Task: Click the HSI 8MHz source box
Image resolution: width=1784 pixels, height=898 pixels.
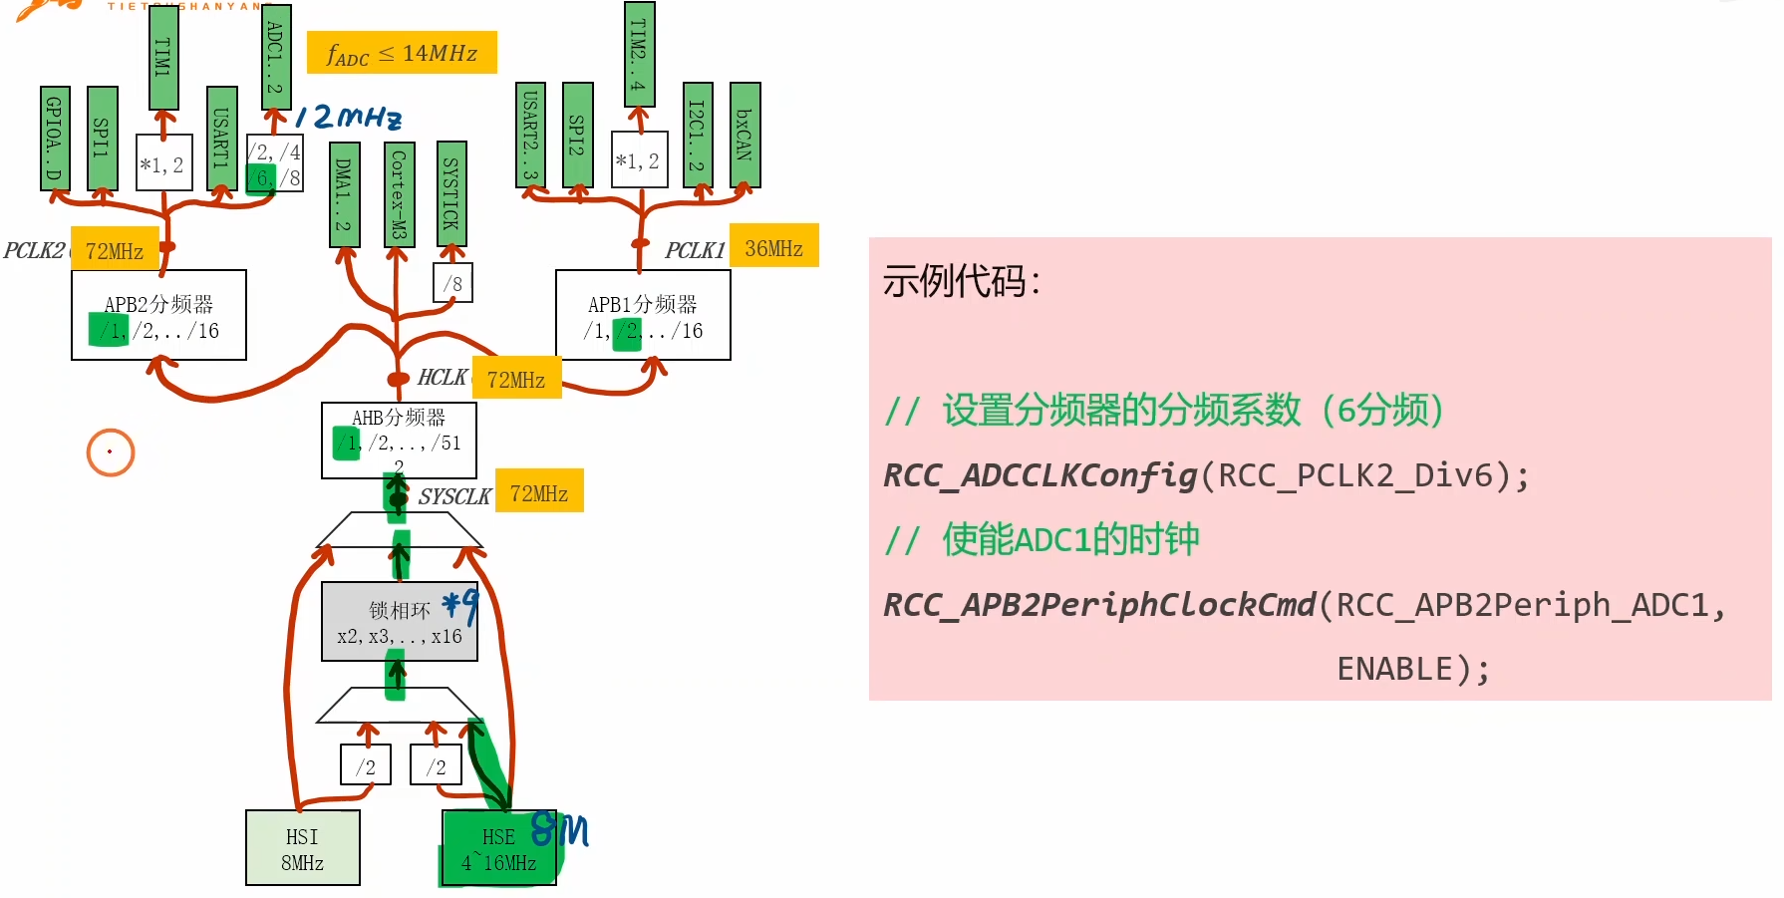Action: click(x=302, y=848)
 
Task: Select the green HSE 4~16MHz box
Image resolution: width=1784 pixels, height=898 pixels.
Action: click(x=498, y=848)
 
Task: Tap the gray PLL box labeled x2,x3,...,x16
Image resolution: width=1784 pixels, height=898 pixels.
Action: click(x=399, y=622)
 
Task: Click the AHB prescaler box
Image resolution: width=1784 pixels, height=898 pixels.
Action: click(x=399, y=440)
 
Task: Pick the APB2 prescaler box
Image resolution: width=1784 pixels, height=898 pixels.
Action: click(x=158, y=315)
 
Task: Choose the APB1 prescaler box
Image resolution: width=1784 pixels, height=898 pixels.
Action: click(x=643, y=315)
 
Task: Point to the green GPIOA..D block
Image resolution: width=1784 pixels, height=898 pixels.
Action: click(x=55, y=138)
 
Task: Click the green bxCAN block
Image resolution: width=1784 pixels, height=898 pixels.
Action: click(x=744, y=135)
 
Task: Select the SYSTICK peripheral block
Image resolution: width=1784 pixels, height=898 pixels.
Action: click(x=451, y=193)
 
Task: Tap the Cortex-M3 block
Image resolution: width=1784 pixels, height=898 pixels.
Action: click(x=398, y=193)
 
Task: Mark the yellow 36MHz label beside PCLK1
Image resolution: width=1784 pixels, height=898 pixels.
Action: click(x=773, y=246)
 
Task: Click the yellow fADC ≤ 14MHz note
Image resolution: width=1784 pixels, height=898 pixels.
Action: click(x=402, y=53)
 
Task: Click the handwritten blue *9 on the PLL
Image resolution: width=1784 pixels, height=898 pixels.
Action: click(x=460, y=604)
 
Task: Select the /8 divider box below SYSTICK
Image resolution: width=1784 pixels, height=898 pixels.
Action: click(x=452, y=283)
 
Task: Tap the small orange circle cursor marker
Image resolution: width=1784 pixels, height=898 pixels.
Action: click(x=110, y=452)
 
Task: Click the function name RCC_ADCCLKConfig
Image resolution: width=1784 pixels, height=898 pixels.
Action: click(x=1040, y=475)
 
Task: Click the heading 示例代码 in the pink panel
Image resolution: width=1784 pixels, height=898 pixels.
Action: click(x=955, y=281)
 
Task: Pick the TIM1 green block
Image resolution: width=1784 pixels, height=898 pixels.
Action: click(x=163, y=57)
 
